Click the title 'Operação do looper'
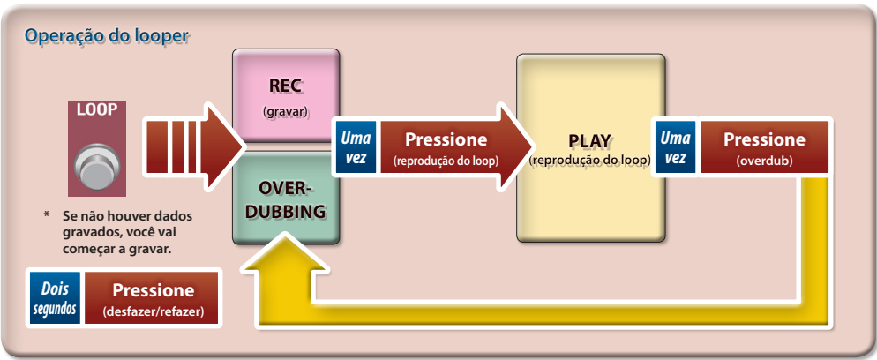tap(108, 36)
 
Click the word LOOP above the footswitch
tap(96, 110)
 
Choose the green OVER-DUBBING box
tap(285, 198)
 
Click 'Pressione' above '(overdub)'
tap(764, 139)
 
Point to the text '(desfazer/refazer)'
tap(154, 312)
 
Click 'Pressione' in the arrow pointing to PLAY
tap(446, 139)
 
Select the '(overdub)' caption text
tap(764, 161)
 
